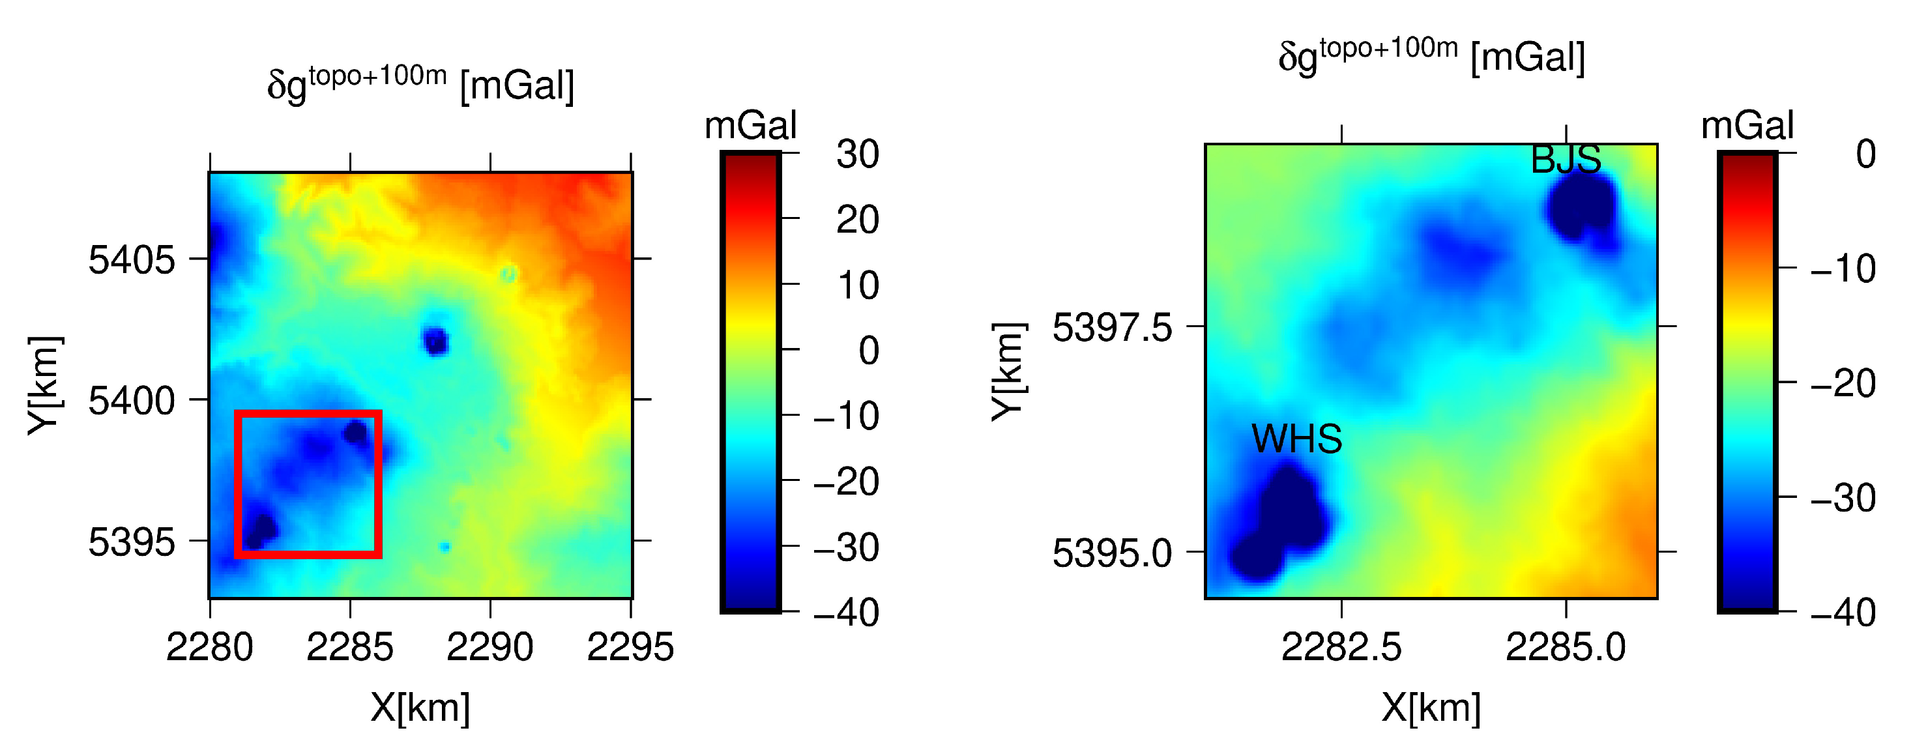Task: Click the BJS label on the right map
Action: (x=1566, y=160)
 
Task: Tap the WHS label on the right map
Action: (x=1296, y=439)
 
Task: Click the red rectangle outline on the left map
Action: (x=236, y=483)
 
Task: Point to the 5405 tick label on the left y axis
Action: (x=132, y=260)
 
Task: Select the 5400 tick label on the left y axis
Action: (x=132, y=401)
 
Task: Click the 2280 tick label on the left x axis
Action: (x=209, y=647)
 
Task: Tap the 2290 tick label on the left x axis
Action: (x=489, y=647)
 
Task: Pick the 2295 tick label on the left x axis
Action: (x=630, y=647)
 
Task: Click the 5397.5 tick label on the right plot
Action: (x=1112, y=328)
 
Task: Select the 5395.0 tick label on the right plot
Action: (x=1112, y=553)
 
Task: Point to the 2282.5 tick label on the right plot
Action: (x=1341, y=647)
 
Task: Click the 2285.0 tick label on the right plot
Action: (x=1566, y=647)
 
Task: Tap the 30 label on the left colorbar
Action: (x=858, y=154)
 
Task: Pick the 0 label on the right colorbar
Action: (x=1865, y=154)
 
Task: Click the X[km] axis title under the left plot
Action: (x=420, y=706)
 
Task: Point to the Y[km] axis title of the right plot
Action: (x=1008, y=371)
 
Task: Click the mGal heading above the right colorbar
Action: (x=1747, y=125)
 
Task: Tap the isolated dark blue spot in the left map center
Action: (x=435, y=341)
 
